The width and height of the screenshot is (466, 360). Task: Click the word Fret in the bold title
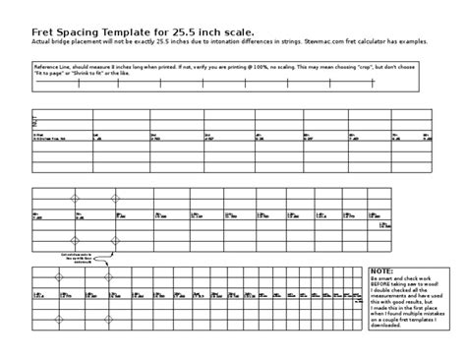point(45,31)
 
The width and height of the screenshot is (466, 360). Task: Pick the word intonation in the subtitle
point(227,44)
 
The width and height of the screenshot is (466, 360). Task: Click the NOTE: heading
point(381,270)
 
